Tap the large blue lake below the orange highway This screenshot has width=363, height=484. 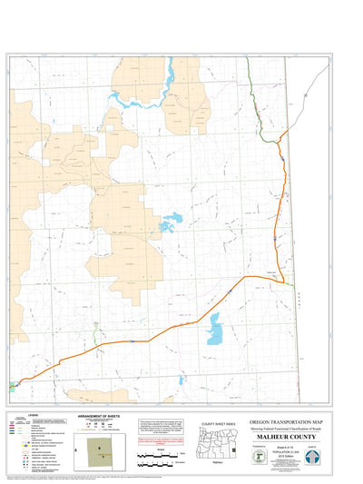coord(214,330)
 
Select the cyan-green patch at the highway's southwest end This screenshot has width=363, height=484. coord(13,384)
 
